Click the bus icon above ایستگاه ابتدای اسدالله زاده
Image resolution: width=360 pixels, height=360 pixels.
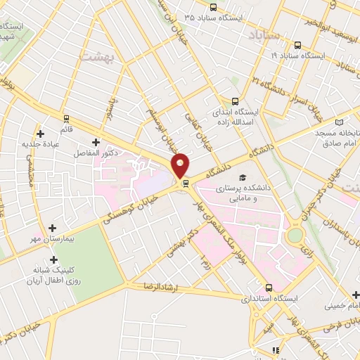(x=236, y=101)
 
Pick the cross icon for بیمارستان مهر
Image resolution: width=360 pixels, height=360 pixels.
(x=53, y=227)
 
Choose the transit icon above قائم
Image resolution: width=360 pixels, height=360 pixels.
(x=66, y=118)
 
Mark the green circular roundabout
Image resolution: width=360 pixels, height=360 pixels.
(x=296, y=234)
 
